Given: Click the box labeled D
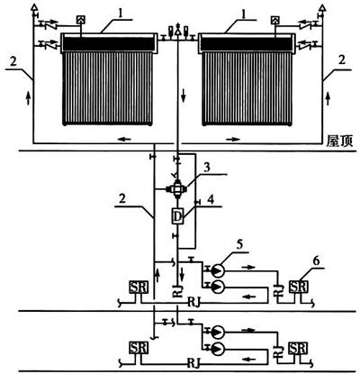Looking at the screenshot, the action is pos(177,216).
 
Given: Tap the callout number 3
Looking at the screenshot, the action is pos(207,169).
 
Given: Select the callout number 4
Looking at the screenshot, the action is pos(211,200).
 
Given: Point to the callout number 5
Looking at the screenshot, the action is pos(239,245).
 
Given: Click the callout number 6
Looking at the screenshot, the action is pos(316,261).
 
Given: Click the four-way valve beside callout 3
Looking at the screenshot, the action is pos(177,188).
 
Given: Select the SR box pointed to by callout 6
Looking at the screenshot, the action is pos(298,287).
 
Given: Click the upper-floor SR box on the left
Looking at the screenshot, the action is pos(139,287).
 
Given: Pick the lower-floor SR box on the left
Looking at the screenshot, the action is pos(139,348).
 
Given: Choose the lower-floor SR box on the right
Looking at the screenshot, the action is pos(298,348).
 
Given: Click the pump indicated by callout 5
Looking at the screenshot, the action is pos(218,270).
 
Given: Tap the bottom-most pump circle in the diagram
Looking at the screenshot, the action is pos(218,348).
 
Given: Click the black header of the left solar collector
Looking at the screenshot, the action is pos(108,43).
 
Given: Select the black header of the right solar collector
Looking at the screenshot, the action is pos(247,44).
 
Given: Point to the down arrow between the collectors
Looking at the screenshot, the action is pos(184,96).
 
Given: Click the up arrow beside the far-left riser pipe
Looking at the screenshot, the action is pos(28,98).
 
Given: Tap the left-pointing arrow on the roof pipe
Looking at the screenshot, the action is pos(125,139).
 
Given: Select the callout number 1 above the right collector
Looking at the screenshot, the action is pos(245,15).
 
